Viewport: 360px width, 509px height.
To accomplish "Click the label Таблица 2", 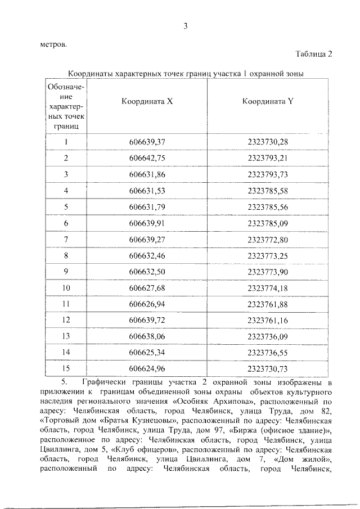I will point(314,54).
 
